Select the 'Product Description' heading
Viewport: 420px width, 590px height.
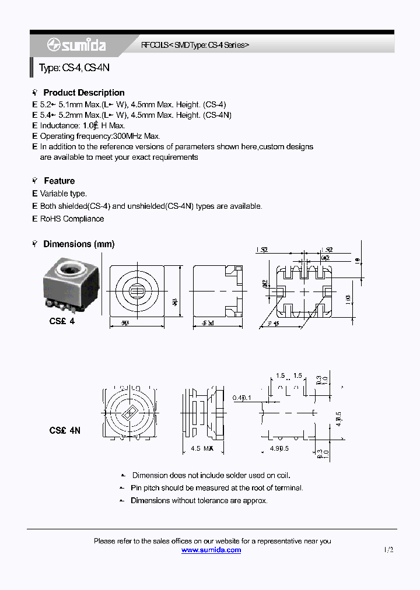coord(83,93)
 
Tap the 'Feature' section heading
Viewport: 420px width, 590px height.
coord(59,181)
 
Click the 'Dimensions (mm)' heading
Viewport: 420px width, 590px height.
coord(79,244)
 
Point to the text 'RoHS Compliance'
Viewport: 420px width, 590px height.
coord(72,219)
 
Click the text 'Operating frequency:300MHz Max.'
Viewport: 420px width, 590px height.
coord(100,136)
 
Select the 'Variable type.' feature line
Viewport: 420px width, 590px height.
coord(63,194)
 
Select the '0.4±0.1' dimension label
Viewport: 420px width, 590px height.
coord(242,398)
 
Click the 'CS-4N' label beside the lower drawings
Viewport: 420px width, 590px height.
coord(65,430)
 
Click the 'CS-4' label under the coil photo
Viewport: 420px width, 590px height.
coord(62,321)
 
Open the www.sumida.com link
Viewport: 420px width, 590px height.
coord(211,550)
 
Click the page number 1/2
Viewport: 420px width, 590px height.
coord(389,550)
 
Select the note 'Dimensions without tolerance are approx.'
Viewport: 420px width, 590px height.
coord(199,500)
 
